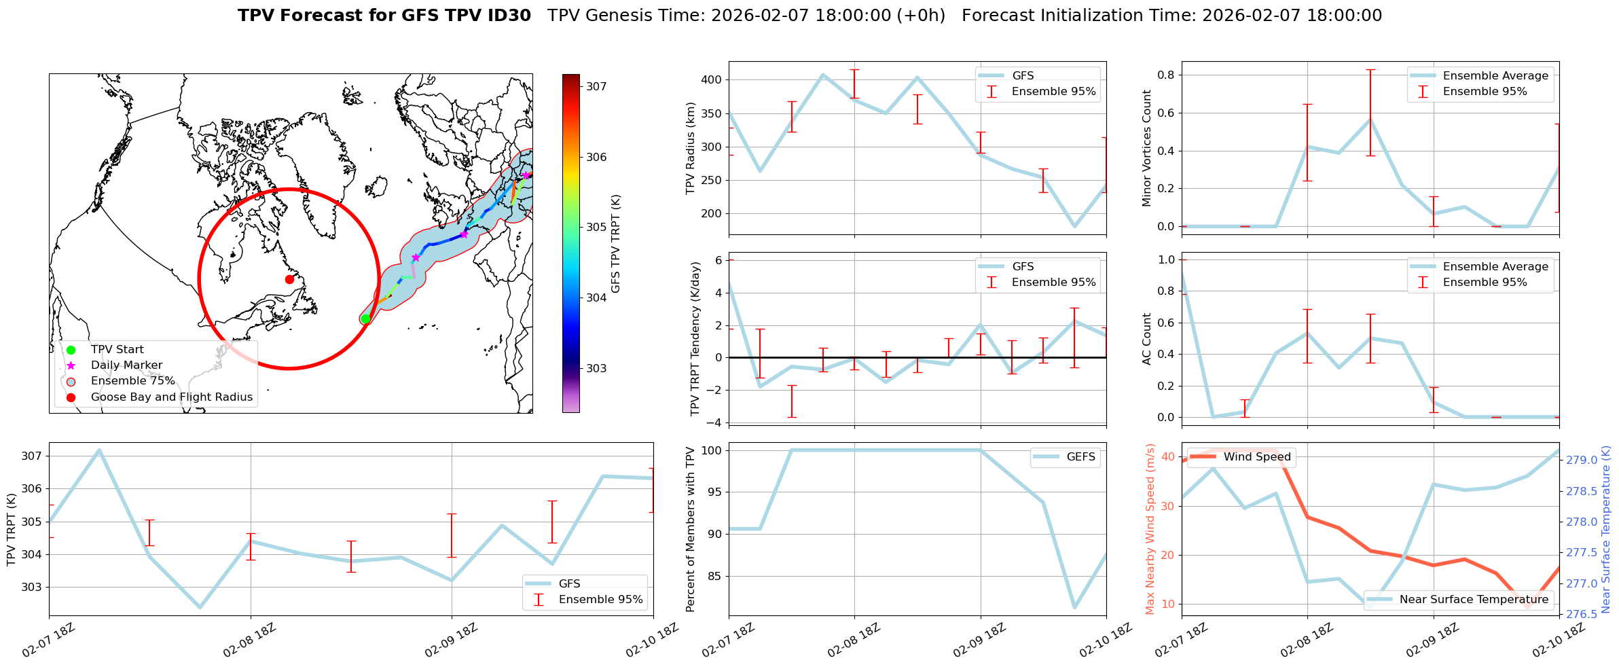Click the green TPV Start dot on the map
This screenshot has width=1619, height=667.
click(x=365, y=319)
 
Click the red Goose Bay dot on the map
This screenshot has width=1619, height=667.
click(x=289, y=279)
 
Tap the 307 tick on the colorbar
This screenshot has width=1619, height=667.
click(x=596, y=86)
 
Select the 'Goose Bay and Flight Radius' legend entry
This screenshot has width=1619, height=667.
click(x=171, y=397)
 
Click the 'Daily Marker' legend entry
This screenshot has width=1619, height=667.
click(x=126, y=365)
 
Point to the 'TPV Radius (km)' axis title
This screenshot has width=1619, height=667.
click(x=691, y=148)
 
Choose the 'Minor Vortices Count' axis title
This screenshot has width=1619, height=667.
click(x=1147, y=148)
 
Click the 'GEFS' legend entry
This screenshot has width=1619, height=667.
click(x=1080, y=457)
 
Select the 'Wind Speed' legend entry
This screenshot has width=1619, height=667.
click(x=1256, y=457)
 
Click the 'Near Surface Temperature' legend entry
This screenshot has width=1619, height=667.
click(x=1474, y=599)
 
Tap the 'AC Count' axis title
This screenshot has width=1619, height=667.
click(x=1147, y=339)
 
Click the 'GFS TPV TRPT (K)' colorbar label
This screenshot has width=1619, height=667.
click(x=616, y=243)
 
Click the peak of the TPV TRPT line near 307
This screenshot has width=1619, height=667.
click(x=99, y=450)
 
